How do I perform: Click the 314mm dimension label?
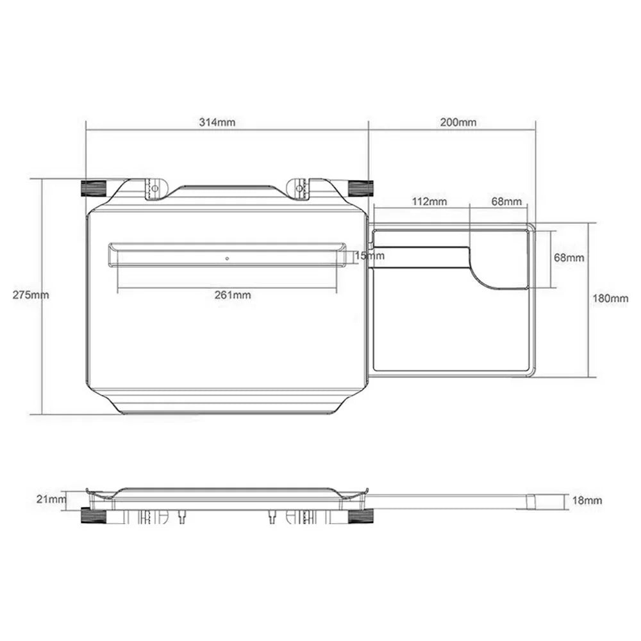(217, 122)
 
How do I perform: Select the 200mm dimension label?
(458, 122)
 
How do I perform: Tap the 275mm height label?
(31, 295)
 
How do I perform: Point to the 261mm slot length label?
(233, 295)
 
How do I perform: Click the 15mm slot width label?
(370, 256)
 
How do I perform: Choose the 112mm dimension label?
(429, 201)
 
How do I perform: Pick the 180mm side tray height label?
(611, 299)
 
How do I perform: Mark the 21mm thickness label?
(51, 499)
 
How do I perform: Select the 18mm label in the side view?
(587, 500)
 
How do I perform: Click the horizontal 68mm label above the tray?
(506, 201)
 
